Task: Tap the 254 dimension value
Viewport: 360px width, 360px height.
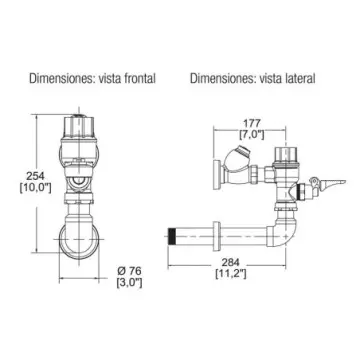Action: coord(35,176)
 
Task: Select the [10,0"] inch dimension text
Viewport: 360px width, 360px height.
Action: coord(35,188)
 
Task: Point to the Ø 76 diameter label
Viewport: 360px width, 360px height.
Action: coord(129,271)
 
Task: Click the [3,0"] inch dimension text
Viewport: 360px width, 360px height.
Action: coord(129,283)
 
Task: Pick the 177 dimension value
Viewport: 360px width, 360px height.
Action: coord(251,123)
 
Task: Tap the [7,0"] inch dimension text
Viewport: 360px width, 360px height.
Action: coord(252,134)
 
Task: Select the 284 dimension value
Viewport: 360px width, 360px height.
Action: coord(230,262)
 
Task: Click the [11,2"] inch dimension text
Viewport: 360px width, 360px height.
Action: coord(230,274)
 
